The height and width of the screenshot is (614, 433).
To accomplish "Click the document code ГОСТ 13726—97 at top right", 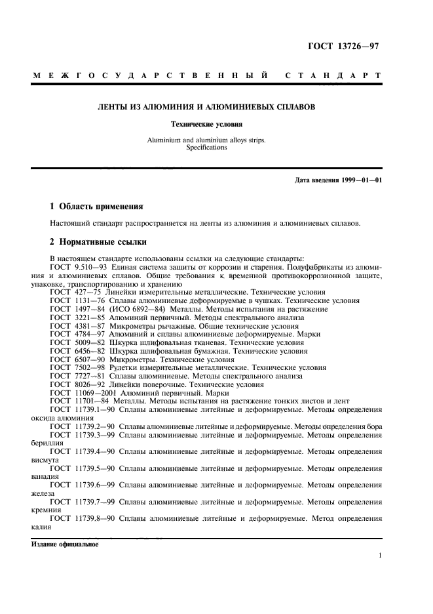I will (344, 46).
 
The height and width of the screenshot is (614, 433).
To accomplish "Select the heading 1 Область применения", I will (96, 206).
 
